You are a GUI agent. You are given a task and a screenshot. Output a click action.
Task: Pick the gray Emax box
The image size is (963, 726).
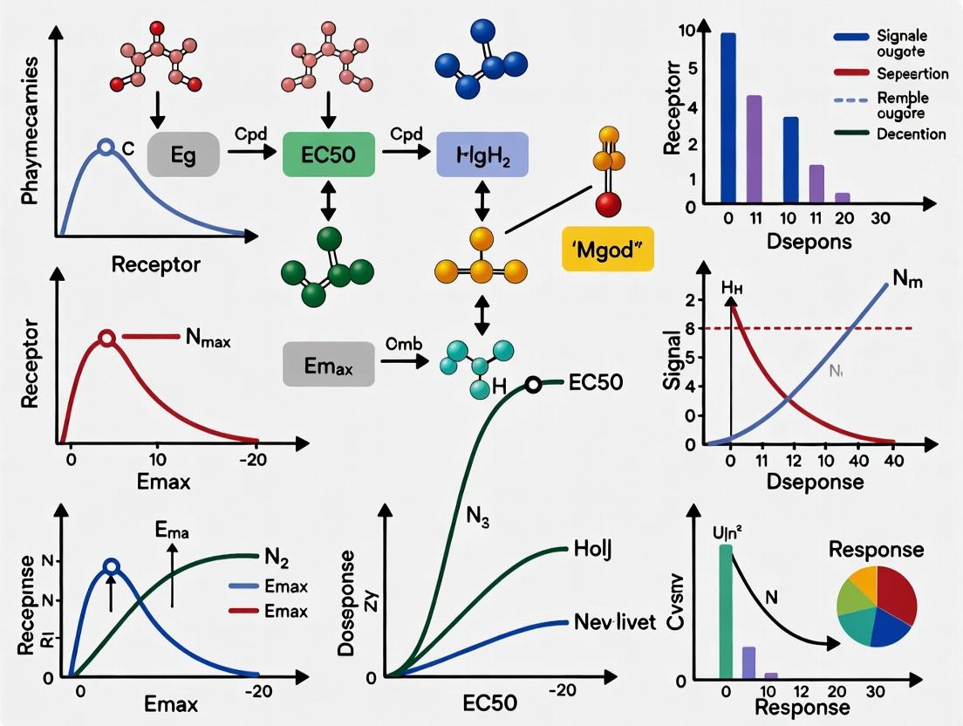329,364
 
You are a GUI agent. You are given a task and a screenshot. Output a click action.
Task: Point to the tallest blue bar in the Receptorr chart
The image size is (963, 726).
728,118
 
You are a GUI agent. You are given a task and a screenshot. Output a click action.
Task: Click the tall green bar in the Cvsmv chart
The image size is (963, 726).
726,610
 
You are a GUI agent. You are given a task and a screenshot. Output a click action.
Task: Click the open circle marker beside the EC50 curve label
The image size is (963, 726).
534,384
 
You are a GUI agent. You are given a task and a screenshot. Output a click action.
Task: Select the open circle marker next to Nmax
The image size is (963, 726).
106,338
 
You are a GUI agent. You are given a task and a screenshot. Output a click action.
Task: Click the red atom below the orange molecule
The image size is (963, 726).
608,205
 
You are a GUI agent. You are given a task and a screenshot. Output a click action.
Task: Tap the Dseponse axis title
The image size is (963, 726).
798,482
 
